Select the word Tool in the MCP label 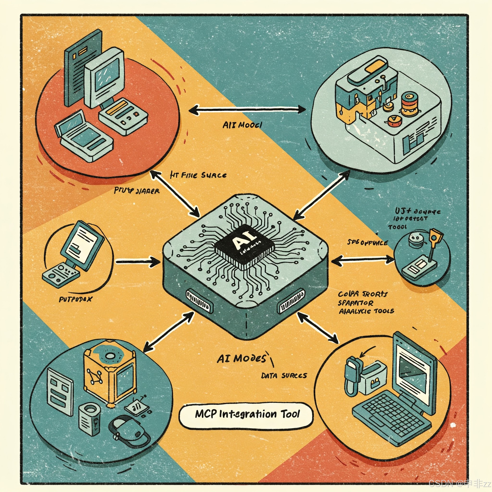pyautogui.click(x=290, y=414)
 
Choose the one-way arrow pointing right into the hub pyautogui.click(x=137, y=261)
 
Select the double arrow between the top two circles pyautogui.click(x=247, y=110)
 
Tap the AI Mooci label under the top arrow pyautogui.click(x=242, y=125)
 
